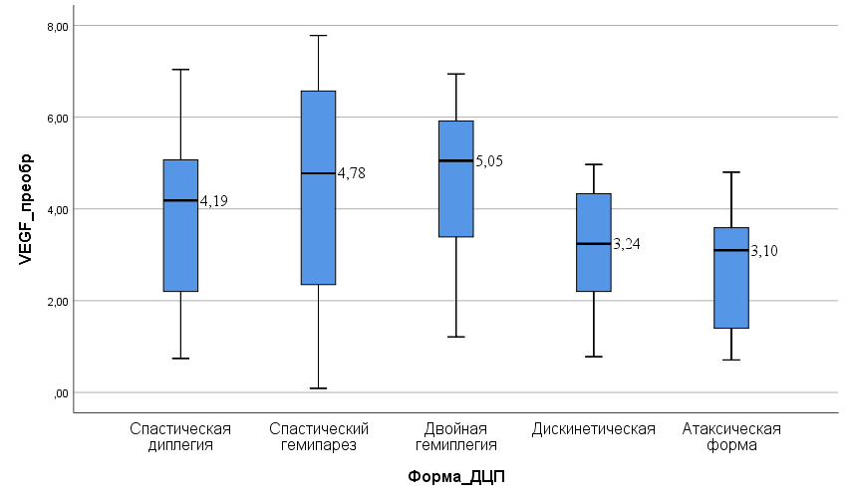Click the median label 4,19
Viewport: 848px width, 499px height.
coord(214,201)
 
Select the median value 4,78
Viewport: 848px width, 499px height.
coord(352,173)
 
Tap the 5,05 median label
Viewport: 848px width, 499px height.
coord(490,160)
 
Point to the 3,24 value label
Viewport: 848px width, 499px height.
coord(627,243)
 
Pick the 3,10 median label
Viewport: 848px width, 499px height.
coord(764,251)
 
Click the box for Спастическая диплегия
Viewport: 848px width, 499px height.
coord(180,225)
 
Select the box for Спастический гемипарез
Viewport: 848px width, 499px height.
coord(318,187)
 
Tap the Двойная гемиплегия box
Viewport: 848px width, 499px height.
coord(455,179)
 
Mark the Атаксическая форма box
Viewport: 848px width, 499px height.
coord(731,278)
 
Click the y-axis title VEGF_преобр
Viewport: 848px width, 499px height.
coord(27,208)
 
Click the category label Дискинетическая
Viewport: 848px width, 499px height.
coord(594,429)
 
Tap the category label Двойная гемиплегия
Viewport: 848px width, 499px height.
coord(456,437)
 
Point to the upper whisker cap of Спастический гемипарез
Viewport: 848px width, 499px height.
coord(318,36)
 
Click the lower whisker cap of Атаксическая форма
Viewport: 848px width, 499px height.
coord(731,360)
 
